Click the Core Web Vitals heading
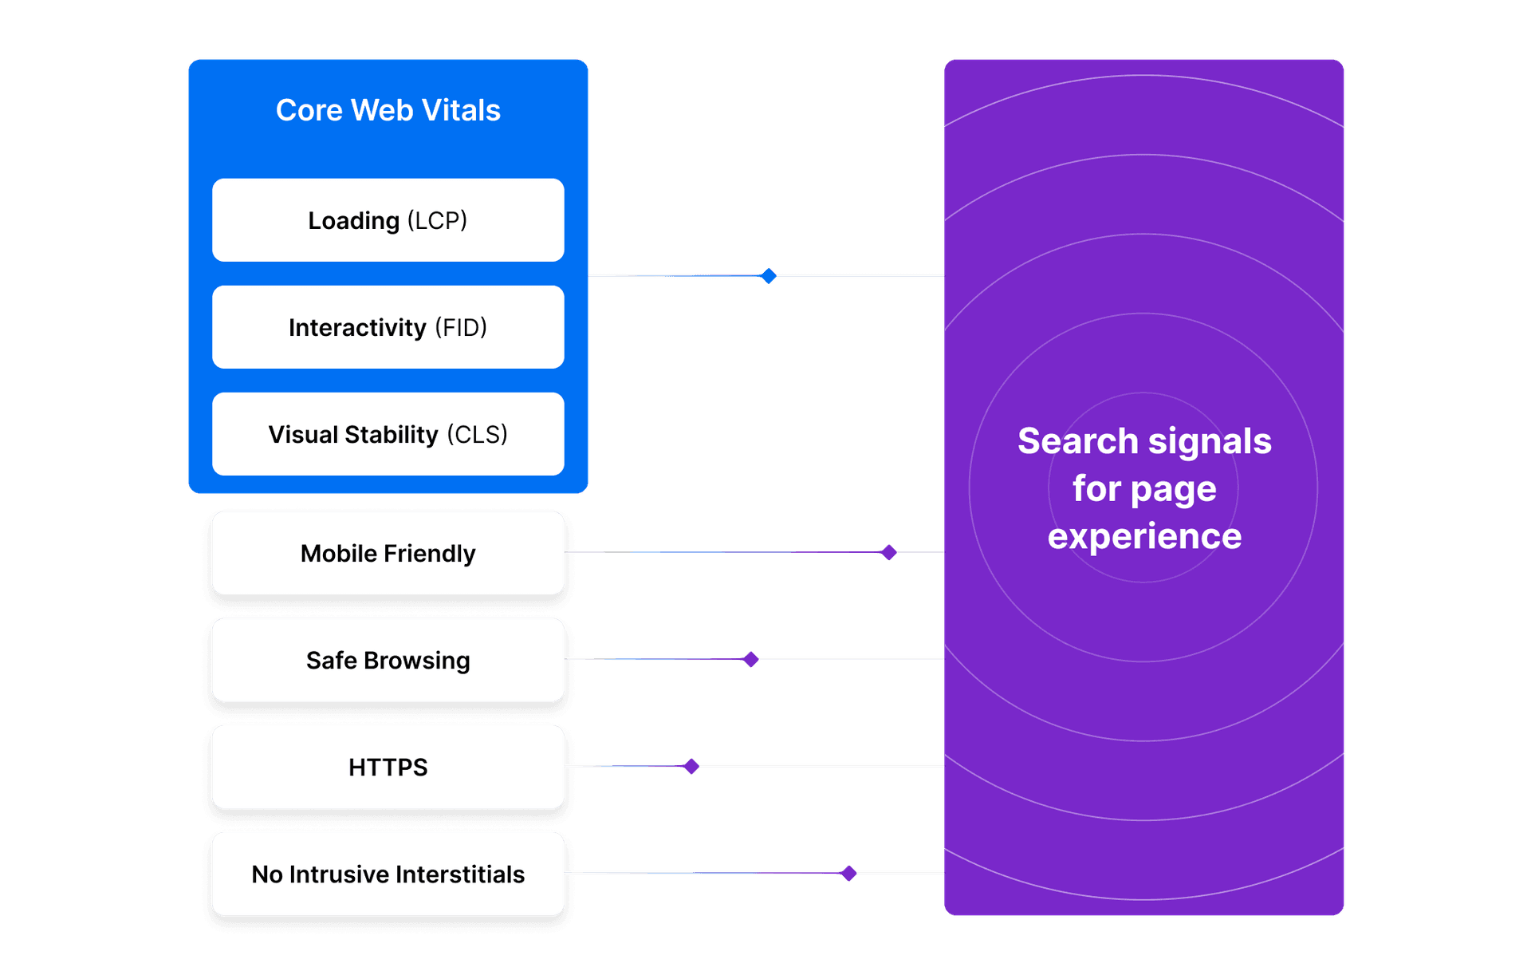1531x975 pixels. tap(388, 110)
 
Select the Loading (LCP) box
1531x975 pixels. tap(388, 220)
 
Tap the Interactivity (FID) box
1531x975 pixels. tap(388, 327)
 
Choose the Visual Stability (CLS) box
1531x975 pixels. tap(388, 434)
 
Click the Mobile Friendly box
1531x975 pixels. tap(388, 553)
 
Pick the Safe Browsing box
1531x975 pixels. tap(388, 660)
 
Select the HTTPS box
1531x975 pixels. tap(388, 767)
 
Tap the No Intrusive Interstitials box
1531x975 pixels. tap(388, 874)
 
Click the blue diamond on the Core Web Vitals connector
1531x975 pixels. tap(768, 276)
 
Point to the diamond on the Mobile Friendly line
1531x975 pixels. tap(888, 552)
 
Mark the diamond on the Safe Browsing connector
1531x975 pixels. tap(750, 659)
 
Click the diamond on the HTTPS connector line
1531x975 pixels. tap(691, 766)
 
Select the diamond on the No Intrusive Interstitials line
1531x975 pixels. tap(848, 873)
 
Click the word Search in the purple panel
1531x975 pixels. tap(1077, 441)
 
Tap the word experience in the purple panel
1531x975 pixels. tap(1144, 536)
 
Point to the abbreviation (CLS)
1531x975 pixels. tap(477, 434)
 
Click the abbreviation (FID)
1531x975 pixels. tap(461, 327)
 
